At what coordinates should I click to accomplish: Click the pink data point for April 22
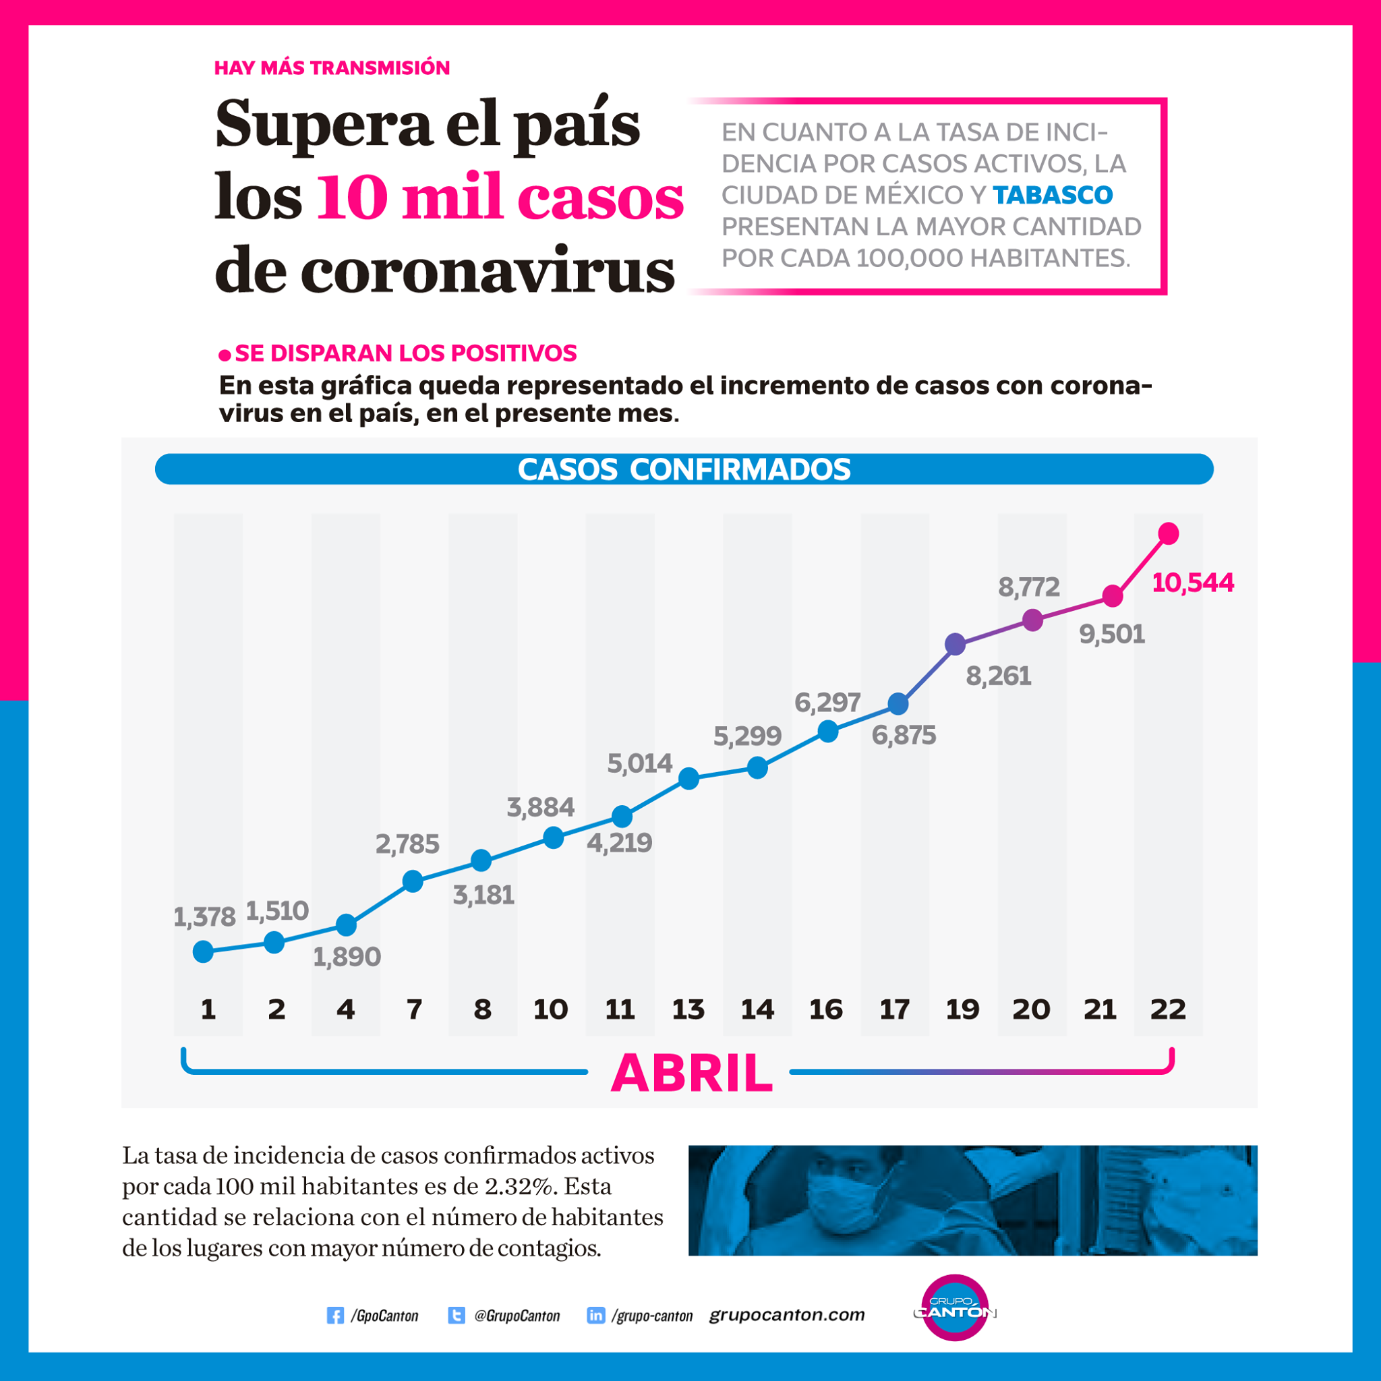(x=1168, y=533)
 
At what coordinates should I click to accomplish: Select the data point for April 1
(x=203, y=951)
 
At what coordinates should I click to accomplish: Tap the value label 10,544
(x=1192, y=583)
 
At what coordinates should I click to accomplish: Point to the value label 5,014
(x=640, y=764)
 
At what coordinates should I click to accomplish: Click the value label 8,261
(x=999, y=676)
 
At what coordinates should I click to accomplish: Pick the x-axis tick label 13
(x=688, y=1009)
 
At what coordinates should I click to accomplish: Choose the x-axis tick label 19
(x=962, y=1009)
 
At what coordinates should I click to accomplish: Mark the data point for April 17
(x=898, y=704)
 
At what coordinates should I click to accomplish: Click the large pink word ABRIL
(x=691, y=1073)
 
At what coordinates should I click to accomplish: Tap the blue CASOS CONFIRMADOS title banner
(x=684, y=469)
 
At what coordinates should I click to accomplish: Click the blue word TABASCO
(x=1052, y=194)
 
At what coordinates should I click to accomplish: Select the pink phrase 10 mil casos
(x=500, y=198)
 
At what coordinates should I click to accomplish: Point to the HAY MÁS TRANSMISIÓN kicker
(x=332, y=68)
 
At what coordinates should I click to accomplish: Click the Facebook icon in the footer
(x=334, y=1315)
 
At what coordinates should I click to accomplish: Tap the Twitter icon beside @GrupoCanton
(x=456, y=1315)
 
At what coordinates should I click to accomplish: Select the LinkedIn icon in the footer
(x=595, y=1315)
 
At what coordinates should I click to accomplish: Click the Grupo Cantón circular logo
(x=955, y=1307)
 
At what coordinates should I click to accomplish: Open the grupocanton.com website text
(x=787, y=1315)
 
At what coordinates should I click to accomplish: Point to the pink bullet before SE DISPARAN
(x=225, y=355)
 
